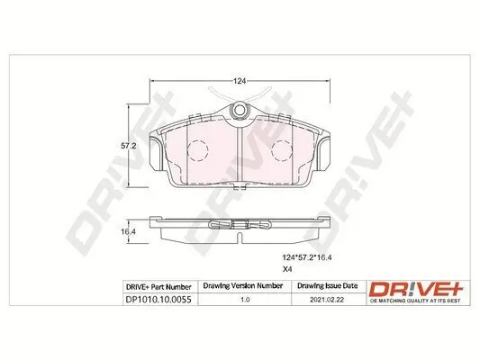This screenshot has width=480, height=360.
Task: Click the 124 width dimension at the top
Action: [x=240, y=82]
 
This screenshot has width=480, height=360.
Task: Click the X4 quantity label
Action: [x=289, y=269]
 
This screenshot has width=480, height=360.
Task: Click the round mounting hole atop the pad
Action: [x=240, y=111]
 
